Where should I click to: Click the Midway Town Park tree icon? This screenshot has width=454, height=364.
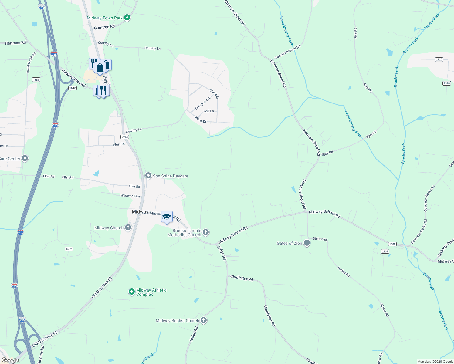[127, 18]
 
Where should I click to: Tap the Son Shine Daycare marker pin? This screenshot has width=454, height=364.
[148, 176]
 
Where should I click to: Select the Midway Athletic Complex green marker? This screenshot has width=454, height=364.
[131, 292]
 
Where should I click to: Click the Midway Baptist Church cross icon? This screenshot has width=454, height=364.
[204, 320]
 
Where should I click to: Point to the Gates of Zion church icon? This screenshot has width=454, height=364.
[307, 243]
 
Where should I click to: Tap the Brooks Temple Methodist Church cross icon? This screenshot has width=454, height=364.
[206, 233]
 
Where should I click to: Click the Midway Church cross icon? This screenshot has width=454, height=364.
[128, 227]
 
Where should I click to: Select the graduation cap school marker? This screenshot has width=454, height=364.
[167, 217]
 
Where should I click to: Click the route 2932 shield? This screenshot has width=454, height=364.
[125, 137]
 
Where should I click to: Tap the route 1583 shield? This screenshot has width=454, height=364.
[36, 80]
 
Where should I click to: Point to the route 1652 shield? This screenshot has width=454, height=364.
[69, 249]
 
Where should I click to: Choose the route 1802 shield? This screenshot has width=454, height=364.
[392, 244]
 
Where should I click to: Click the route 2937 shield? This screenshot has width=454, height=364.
[385, 251]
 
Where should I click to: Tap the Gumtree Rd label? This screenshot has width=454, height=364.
[104, 27]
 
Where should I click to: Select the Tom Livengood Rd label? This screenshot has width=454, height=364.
[287, 52]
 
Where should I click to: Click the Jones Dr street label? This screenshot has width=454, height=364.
[200, 120]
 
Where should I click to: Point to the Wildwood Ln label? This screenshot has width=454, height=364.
[130, 196]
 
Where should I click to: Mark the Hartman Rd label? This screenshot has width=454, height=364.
[15, 43]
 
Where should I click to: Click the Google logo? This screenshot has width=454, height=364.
[10, 360]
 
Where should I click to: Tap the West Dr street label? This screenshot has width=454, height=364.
[119, 144]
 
